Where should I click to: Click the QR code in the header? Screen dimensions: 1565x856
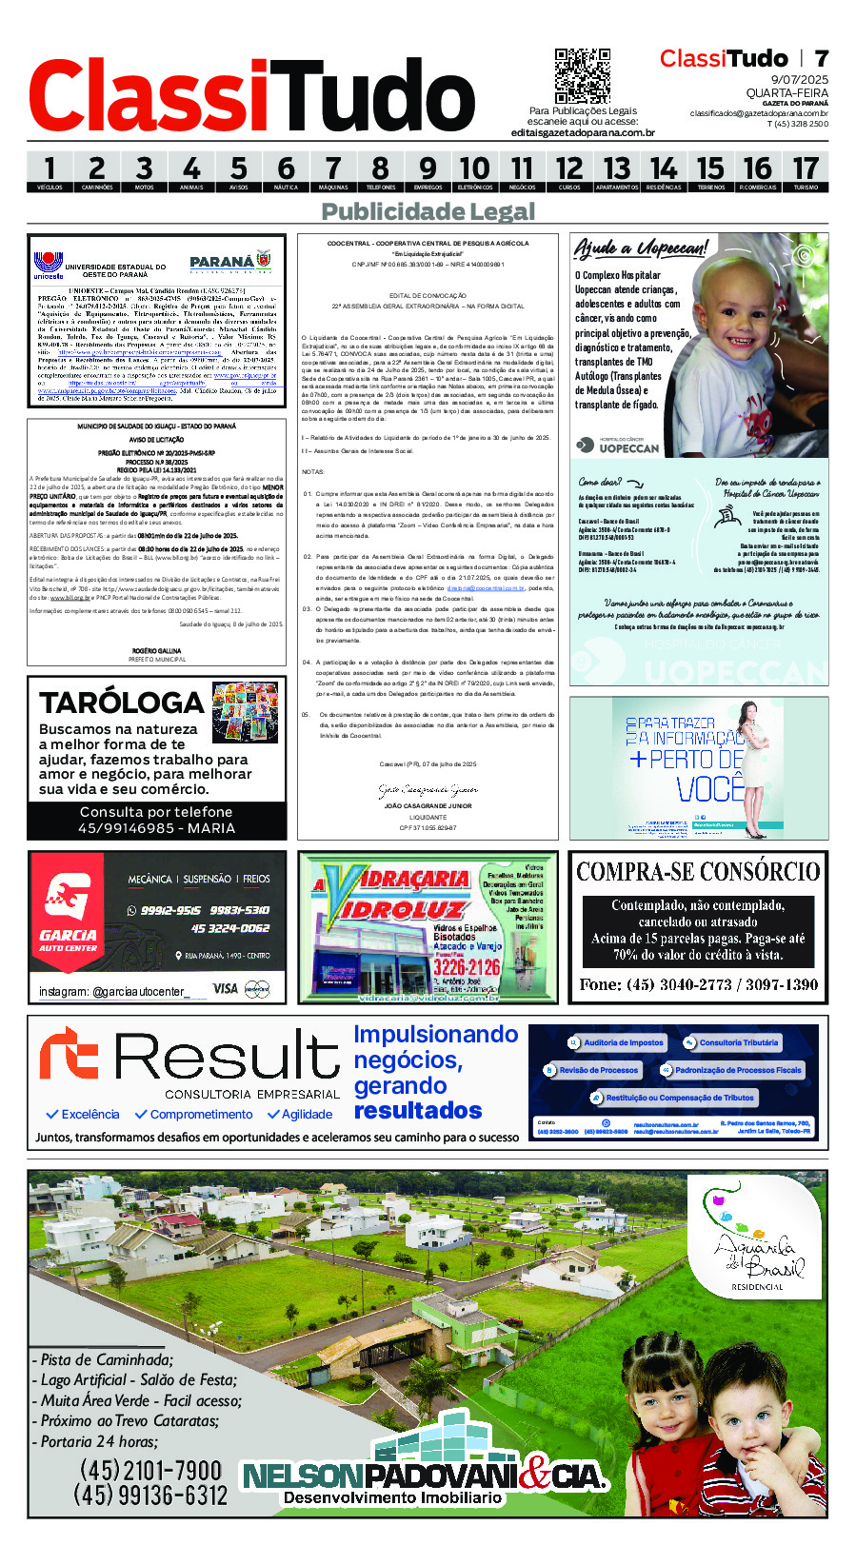point(582,76)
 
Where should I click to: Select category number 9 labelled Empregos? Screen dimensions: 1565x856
point(428,172)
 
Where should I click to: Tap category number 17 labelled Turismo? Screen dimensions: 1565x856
point(805,172)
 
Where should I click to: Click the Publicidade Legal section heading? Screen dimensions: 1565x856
point(428,211)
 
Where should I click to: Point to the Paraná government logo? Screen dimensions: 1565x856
point(229,262)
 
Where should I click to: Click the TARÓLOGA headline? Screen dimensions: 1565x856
point(122,703)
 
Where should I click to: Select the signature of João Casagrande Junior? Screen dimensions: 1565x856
point(428,790)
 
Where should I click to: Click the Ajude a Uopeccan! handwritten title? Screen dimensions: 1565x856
point(640,249)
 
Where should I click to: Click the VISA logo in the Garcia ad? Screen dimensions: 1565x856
point(226,988)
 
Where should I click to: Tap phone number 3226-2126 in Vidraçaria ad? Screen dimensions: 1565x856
point(467,967)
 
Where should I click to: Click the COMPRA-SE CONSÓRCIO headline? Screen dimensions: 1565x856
point(698,872)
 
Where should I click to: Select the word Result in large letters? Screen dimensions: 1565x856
point(227,1058)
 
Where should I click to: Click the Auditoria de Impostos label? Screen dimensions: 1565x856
point(623,1042)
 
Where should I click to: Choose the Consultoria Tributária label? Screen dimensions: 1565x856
point(738,1042)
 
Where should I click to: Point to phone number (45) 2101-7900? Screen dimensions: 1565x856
point(150,1471)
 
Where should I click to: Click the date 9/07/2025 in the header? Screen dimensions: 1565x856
point(799,80)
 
